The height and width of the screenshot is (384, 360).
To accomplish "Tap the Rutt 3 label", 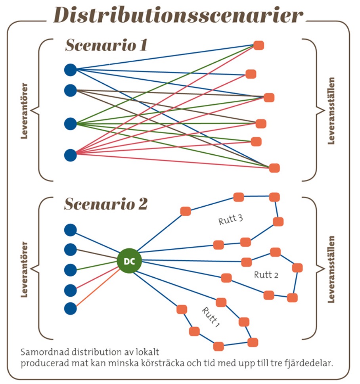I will (230, 219).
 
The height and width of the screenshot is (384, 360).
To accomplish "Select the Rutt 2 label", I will (266, 275).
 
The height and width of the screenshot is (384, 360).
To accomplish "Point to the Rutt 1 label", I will (210, 316).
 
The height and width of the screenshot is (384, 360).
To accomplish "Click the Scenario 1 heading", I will (106, 45).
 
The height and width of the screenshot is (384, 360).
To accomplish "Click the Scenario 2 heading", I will (106, 204).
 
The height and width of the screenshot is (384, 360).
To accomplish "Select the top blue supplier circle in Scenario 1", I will (70, 70).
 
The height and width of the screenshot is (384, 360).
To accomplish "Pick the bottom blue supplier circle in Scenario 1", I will (70, 155).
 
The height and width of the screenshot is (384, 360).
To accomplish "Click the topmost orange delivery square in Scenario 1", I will (259, 45).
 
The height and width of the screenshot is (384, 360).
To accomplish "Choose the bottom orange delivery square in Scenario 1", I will (274, 168).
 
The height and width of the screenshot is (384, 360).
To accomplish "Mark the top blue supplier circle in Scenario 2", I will (70, 230).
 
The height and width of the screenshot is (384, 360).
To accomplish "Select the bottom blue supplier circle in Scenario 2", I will (70, 308).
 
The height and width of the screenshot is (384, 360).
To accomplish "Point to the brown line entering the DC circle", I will (97, 255).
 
